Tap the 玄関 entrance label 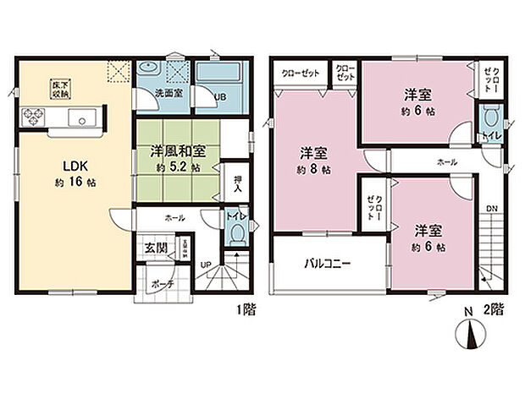point(155,247)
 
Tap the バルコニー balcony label point(328,263)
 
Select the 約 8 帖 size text point(315,170)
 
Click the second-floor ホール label point(447,161)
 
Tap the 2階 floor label point(495,310)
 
